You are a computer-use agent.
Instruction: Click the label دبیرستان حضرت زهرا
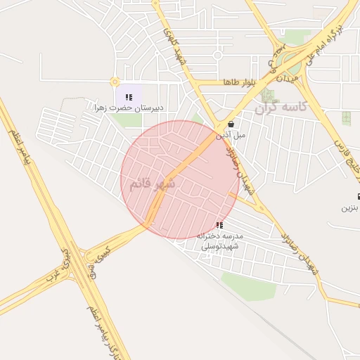click(x=130, y=108)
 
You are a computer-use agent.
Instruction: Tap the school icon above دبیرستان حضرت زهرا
click(x=128, y=96)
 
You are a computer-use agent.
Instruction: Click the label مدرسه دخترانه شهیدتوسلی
click(x=220, y=240)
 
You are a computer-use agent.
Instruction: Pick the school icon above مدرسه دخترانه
click(x=220, y=226)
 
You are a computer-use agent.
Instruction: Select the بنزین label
click(x=349, y=208)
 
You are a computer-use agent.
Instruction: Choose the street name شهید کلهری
click(x=171, y=42)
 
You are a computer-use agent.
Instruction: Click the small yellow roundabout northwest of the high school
click(x=115, y=82)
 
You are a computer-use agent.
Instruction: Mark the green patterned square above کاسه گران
click(x=267, y=94)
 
